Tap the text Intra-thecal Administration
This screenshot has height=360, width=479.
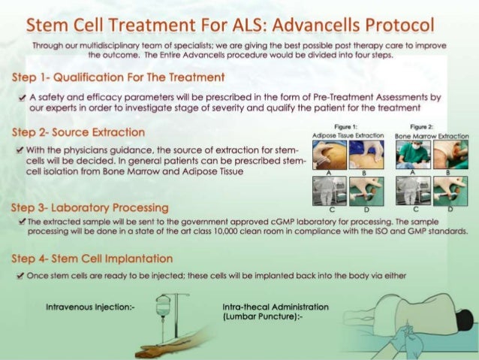tap(276, 307)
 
